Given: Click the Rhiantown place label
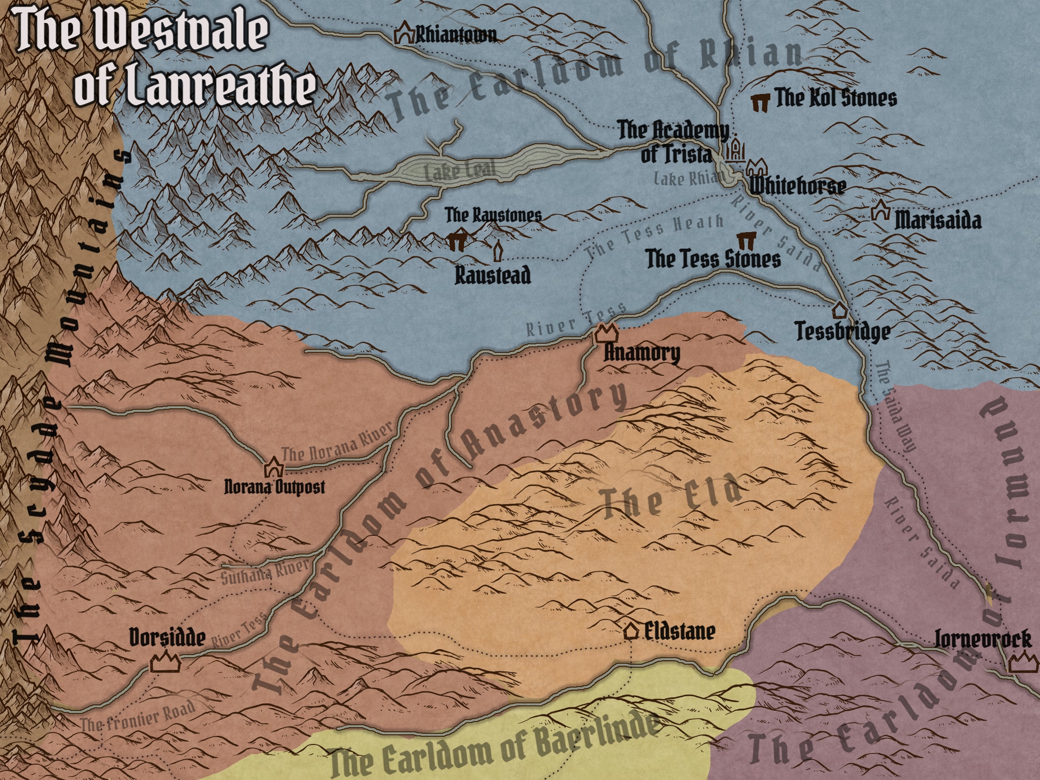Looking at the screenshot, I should pyautogui.click(x=456, y=36).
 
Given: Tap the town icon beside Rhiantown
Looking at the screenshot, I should pyautogui.click(x=405, y=34).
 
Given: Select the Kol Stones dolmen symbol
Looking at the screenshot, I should pyautogui.click(x=760, y=102).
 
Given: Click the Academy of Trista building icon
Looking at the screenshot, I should pyautogui.click(x=735, y=150).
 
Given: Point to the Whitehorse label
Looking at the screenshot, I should pyautogui.click(x=797, y=186).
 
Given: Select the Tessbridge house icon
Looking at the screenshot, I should pyautogui.click(x=839, y=309).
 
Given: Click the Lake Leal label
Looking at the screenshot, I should pyautogui.click(x=460, y=171).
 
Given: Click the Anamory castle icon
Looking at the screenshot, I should pyautogui.click(x=606, y=334).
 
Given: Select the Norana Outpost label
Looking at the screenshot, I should pyautogui.click(x=274, y=488).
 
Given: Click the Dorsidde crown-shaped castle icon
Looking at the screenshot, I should pyautogui.click(x=166, y=664).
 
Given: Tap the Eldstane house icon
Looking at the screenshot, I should pyautogui.click(x=631, y=631).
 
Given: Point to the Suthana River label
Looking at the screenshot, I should pyautogui.click(x=265, y=573).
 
